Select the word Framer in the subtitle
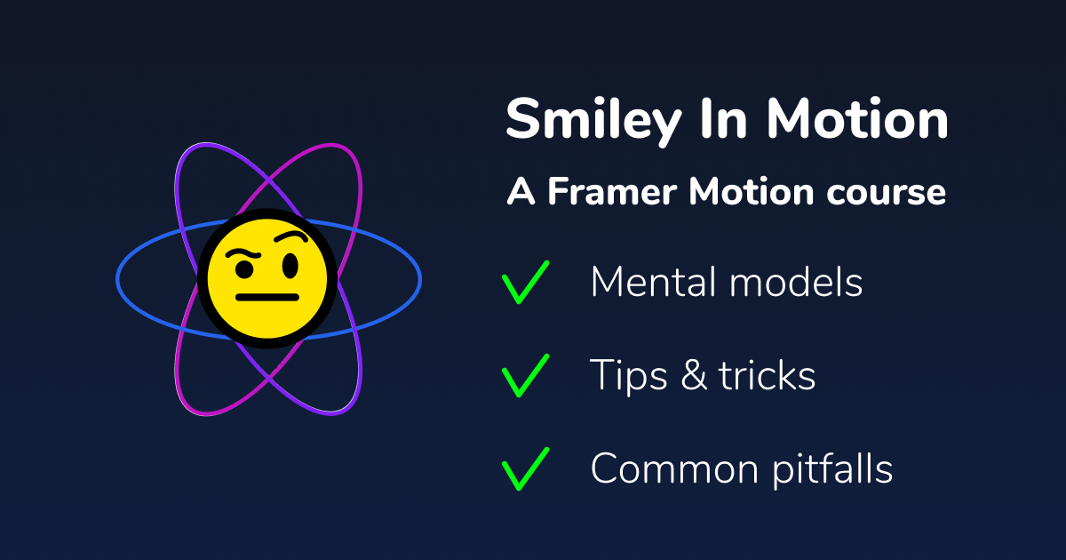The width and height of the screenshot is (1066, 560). tap(613, 193)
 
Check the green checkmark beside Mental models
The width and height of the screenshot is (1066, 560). tap(525, 283)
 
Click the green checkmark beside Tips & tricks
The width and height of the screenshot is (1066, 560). tap(525, 376)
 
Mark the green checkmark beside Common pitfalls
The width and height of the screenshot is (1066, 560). tap(525, 469)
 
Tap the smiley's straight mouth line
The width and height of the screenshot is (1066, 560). tap(266, 298)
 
